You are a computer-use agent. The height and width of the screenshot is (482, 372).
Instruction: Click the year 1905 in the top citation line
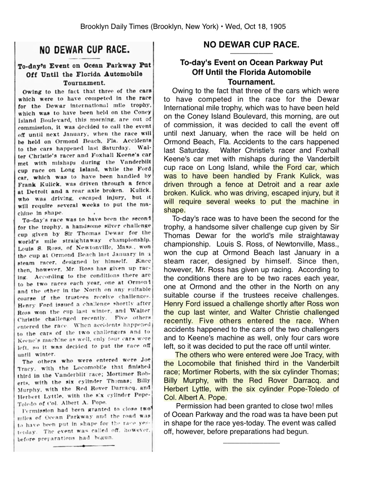[x=278, y=27]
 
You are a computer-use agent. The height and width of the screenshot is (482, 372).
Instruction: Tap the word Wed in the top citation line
[x=233, y=27]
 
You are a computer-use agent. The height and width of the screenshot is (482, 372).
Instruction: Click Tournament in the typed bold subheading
[x=251, y=82]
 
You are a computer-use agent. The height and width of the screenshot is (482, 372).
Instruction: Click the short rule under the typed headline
[x=251, y=53]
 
